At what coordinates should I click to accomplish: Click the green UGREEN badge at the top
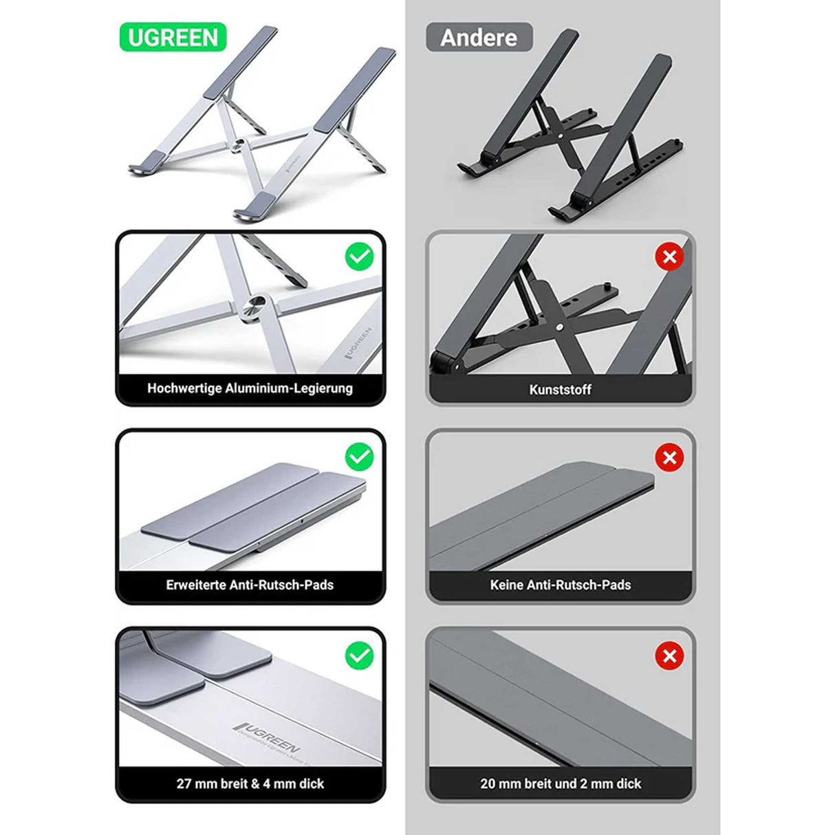[173, 37]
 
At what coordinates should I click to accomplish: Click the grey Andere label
[479, 37]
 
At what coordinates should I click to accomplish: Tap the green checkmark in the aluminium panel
[359, 257]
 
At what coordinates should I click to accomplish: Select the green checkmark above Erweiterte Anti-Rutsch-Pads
[359, 457]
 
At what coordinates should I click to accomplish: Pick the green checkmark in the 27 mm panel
[359, 655]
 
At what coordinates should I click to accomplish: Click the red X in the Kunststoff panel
[669, 257]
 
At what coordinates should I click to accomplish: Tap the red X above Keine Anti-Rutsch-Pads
[669, 457]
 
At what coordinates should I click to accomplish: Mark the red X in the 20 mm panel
[669, 656]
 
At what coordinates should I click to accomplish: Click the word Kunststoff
[560, 389]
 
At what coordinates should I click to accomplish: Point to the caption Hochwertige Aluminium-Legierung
[250, 388]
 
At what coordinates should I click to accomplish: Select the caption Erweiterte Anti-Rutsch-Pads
[250, 585]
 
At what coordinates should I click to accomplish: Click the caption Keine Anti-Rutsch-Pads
[560, 585]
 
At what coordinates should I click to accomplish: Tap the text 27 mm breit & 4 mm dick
[250, 783]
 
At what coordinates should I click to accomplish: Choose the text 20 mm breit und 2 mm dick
[560, 783]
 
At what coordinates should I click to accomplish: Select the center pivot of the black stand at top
[563, 136]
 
